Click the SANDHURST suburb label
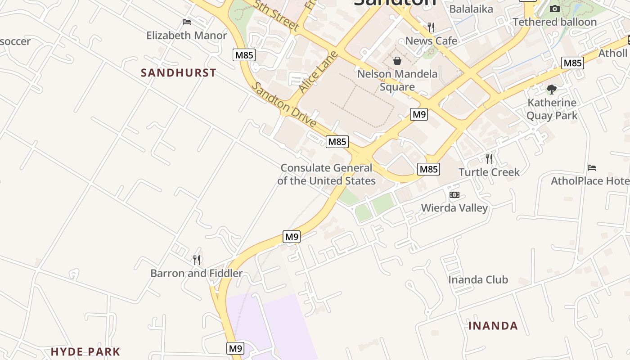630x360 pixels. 179,73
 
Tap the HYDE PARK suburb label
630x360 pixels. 85,352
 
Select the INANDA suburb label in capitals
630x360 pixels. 493,326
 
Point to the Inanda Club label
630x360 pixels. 478,280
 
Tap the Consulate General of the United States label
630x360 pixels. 326,175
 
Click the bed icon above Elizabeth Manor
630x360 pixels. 187,22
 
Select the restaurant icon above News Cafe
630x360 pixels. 431,27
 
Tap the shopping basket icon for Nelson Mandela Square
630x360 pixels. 397,60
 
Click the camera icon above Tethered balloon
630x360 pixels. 555,9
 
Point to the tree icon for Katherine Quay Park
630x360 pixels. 552,89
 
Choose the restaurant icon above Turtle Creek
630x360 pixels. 489,158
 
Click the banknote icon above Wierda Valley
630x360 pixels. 454,195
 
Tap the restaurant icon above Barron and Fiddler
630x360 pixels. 197,260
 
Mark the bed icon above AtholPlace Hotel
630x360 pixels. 592,168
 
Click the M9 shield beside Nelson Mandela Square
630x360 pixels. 419,114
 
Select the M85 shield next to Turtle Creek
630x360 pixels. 428,169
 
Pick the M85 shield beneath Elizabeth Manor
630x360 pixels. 244,55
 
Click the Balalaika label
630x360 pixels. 471,9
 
